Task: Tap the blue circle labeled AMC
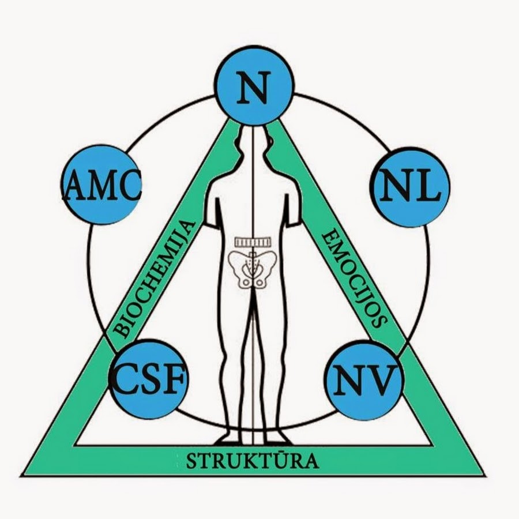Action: (100, 185)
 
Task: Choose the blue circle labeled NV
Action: (363, 377)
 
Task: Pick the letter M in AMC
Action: (99, 186)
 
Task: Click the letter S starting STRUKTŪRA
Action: (191, 461)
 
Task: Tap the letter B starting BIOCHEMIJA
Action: (121, 329)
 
